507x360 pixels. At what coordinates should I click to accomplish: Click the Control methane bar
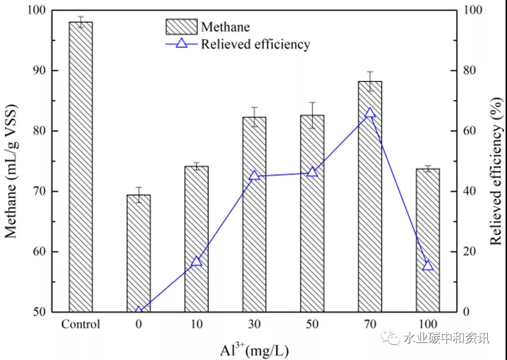point(80,166)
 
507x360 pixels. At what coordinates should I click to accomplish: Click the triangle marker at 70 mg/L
point(370,113)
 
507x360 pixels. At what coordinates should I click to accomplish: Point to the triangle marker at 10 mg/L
point(197,261)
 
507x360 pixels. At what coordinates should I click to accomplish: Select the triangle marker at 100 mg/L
point(428,265)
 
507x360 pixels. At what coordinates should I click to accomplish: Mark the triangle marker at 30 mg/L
point(254,176)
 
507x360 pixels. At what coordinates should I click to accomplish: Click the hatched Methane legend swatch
point(181,27)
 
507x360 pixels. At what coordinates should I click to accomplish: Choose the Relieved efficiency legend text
point(255,44)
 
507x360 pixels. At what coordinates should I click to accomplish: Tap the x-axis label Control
point(80,325)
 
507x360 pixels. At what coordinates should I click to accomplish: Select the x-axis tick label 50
point(312,325)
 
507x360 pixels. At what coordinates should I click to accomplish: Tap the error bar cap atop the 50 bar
point(312,102)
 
